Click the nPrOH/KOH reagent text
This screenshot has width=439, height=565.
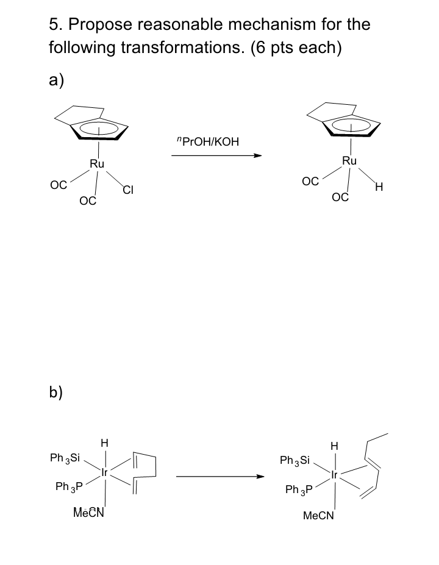pyautogui.click(x=207, y=142)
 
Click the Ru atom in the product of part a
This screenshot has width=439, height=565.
pyautogui.click(x=349, y=161)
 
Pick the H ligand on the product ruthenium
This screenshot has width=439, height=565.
pyautogui.click(x=380, y=187)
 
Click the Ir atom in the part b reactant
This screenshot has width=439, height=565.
pyautogui.click(x=105, y=472)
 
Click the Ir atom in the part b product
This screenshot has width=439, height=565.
pyautogui.click(x=333, y=475)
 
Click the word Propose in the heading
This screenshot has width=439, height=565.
pyautogui.click(x=100, y=26)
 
